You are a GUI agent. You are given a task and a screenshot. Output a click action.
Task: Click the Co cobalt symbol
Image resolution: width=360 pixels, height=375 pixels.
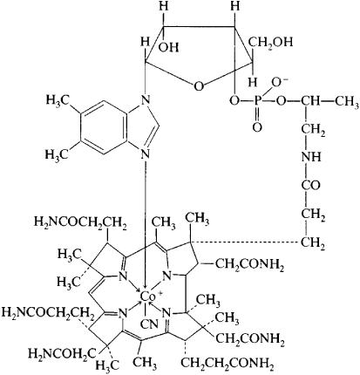[147, 297]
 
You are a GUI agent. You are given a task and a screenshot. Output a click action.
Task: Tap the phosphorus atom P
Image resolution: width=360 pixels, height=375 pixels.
[258, 101]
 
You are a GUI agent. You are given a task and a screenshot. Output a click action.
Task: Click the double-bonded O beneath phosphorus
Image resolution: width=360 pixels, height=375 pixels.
[257, 126]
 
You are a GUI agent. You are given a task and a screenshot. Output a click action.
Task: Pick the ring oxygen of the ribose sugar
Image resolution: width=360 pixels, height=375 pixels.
[199, 86]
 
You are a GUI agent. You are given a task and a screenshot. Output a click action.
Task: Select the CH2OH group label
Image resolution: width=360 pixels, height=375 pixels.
[270, 42]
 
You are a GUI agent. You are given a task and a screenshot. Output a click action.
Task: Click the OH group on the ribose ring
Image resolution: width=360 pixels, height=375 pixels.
[169, 47]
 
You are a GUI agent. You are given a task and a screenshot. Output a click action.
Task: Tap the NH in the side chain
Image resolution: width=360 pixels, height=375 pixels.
[311, 158]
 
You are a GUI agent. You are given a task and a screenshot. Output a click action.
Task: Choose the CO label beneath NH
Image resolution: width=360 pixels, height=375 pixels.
[310, 185]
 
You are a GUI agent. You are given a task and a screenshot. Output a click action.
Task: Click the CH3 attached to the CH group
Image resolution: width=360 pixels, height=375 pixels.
[347, 101]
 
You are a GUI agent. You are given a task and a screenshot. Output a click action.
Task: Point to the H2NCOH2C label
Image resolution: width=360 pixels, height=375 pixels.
[62, 353]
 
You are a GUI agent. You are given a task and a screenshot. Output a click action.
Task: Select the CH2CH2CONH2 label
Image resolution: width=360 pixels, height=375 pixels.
[227, 363]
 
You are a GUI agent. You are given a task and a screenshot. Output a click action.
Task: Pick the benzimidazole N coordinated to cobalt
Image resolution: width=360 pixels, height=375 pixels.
[145, 153]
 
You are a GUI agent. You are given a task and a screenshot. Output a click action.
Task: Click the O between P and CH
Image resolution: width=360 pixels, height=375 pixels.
[281, 101]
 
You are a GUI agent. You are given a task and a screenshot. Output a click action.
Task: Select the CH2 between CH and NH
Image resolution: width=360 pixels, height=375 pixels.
[313, 130]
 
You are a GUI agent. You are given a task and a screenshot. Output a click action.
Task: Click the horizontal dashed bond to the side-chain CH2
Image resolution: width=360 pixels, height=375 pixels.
[245, 242]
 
